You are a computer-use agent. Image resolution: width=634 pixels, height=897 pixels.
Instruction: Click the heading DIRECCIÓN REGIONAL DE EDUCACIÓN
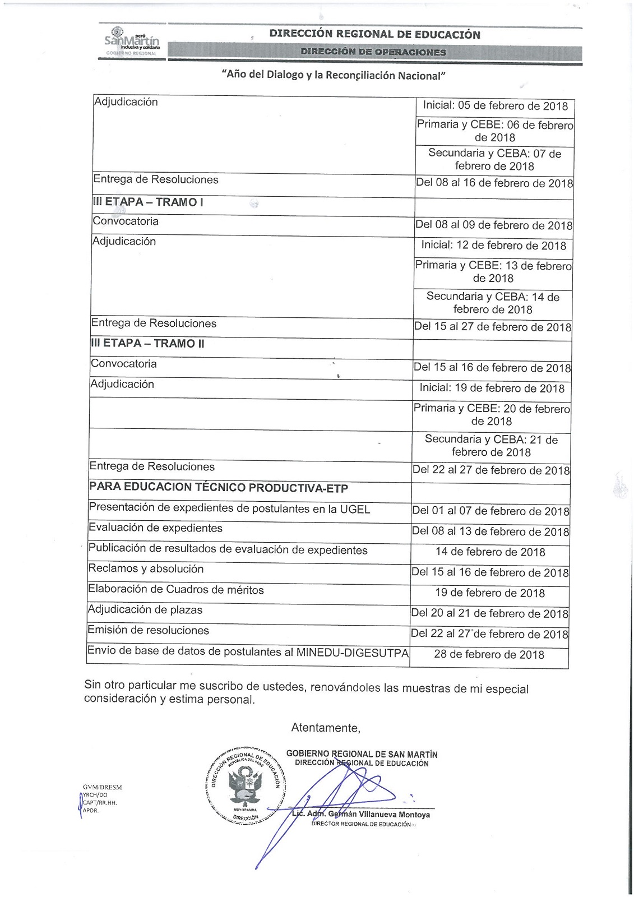[x=374, y=34]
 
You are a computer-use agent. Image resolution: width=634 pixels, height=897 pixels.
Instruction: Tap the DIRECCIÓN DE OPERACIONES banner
[x=373, y=52]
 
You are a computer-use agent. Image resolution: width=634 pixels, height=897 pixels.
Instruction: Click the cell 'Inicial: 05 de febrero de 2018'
[x=495, y=106]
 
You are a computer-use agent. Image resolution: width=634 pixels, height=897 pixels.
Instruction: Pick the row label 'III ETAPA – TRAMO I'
[x=147, y=202]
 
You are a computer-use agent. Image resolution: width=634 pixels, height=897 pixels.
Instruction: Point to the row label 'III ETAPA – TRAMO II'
[x=147, y=344]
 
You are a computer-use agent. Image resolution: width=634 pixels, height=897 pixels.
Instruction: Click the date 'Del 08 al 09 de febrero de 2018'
[x=493, y=225]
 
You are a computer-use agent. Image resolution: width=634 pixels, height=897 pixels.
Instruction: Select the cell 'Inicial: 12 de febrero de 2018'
[x=493, y=246]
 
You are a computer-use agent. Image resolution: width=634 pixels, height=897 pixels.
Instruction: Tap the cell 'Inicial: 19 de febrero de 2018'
[x=492, y=388]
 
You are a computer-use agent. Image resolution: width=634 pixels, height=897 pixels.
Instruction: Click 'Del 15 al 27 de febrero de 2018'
[x=492, y=327]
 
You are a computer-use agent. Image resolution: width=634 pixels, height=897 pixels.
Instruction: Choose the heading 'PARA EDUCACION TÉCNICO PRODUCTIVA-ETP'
[x=219, y=488]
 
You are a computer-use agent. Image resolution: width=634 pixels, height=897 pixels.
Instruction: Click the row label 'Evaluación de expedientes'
[x=155, y=528]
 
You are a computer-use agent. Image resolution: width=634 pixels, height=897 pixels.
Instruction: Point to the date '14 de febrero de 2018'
[x=490, y=552]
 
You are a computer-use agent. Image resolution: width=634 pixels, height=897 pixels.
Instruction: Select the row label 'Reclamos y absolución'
[x=146, y=569]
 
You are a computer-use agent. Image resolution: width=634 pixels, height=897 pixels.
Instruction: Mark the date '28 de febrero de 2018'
[x=489, y=654]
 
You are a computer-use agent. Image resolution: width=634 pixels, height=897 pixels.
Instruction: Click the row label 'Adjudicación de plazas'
[x=145, y=610]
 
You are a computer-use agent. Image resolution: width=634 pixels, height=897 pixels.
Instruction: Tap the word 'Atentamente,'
[x=325, y=728]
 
